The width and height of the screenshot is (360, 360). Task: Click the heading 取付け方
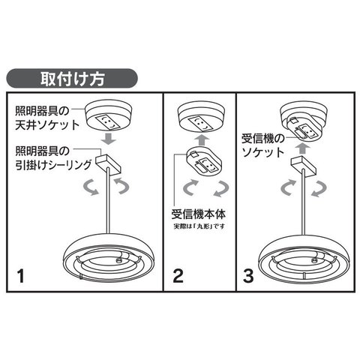point(72,79)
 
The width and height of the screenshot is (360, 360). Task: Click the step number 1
point(21,276)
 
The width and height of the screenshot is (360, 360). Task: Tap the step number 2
point(178,276)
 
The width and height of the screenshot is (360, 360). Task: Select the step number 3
point(248,276)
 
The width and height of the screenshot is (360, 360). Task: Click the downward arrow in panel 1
point(109,139)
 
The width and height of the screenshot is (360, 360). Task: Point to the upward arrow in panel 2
point(202,140)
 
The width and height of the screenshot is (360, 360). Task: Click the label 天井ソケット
point(47,124)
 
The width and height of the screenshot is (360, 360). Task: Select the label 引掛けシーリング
point(53,165)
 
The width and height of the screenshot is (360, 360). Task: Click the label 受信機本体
point(199,214)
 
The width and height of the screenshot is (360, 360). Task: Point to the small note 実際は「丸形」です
point(199,226)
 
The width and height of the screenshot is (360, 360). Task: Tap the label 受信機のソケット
point(263,145)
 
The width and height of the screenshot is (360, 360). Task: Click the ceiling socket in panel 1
point(109,115)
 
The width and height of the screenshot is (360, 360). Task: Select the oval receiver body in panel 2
point(204,161)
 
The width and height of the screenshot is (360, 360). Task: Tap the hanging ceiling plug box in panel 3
point(303,166)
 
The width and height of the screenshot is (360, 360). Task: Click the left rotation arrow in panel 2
point(190,188)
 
